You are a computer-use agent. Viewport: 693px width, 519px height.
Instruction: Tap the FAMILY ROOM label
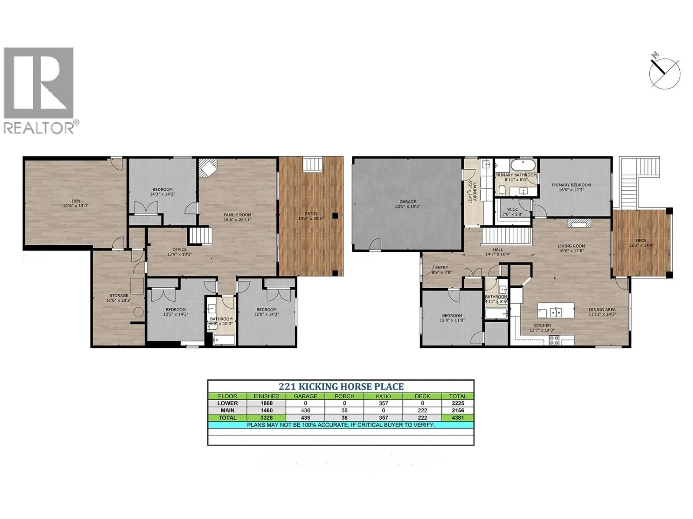coord(237,215)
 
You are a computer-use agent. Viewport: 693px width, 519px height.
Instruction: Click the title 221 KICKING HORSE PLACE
coord(341,387)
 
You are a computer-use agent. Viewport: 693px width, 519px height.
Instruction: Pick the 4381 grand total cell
coord(458,418)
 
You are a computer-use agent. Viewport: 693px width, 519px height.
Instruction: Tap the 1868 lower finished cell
coord(266,403)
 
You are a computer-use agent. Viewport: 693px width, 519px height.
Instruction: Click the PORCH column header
coord(344,396)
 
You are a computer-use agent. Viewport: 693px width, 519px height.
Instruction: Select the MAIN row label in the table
coord(227,411)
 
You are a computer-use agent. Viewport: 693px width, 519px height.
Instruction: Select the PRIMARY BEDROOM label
coord(571,185)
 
